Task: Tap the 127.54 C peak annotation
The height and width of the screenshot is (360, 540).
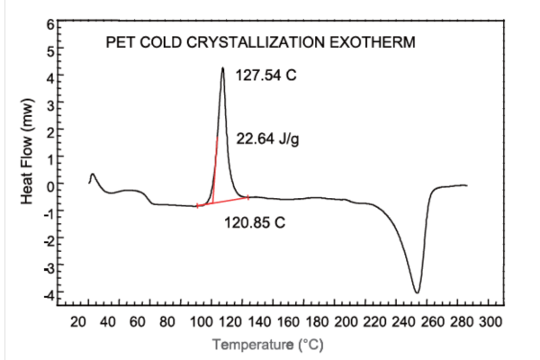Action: tap(265, 76)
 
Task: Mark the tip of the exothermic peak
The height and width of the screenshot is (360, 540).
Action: tap(222, 68)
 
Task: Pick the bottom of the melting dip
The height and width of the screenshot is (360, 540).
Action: tap(417, 292)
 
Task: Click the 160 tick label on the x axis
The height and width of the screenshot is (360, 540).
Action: tap(290, 322)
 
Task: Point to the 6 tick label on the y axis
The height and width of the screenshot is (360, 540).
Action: tap(50, 22)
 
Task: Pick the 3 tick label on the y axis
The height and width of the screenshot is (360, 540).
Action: tap(50, 104)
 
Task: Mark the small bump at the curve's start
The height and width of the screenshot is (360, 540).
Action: tap(93, 175)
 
